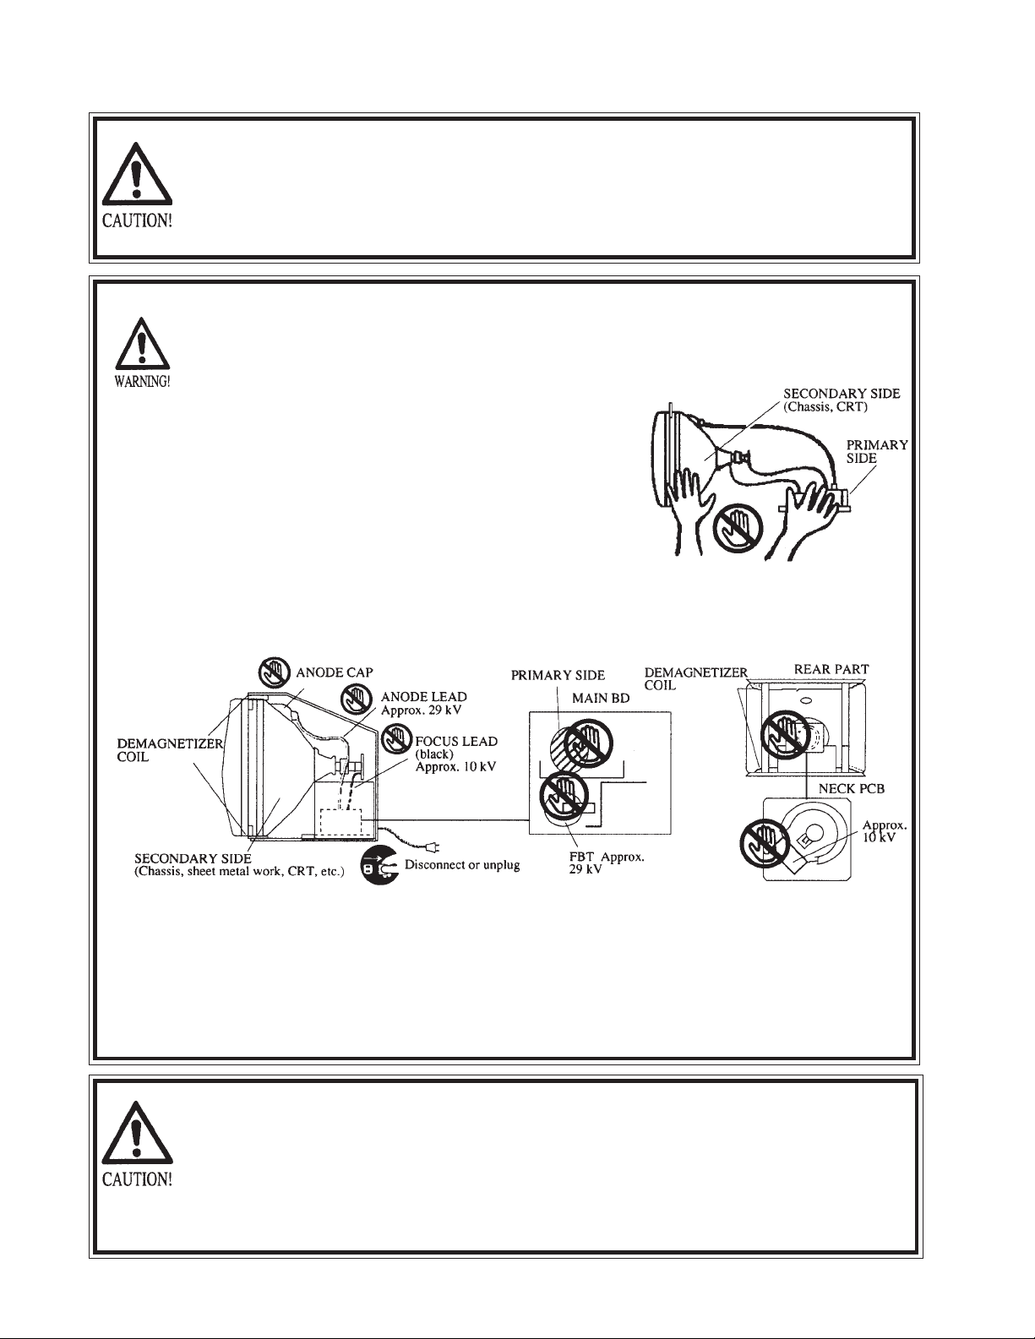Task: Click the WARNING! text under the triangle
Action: point(142,382)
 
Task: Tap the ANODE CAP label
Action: point(335,672)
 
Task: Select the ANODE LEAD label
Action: point(424,696)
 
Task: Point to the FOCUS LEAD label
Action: point(456,741)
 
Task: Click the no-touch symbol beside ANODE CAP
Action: point(274,672)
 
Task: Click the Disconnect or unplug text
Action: point(462,865)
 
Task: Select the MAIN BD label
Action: point(601,699)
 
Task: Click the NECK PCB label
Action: point(852,789)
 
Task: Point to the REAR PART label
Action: point(831,669)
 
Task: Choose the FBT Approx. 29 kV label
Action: point(607,863)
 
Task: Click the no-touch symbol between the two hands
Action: point(738,528)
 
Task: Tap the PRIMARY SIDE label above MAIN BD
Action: point(558,675)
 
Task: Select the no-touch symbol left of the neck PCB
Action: point(765,843)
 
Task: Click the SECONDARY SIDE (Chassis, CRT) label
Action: point(842,400)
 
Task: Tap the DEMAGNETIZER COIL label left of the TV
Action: point(170,750)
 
